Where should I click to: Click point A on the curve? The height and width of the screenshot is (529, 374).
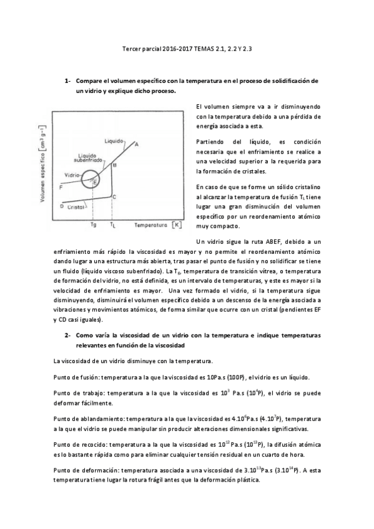click(x=137, y=144)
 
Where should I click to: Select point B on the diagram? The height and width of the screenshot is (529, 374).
click(x=114, y=165)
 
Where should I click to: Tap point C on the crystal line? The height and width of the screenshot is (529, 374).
click(x=114, y=196)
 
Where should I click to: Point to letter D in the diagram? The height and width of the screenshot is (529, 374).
click(x=61, y=205)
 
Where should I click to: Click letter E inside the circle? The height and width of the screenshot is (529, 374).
click(x=94, y=182)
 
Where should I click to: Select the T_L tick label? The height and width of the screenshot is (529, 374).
click(x=112, y=223)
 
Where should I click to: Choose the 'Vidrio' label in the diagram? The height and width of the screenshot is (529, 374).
click(x=71, y=175)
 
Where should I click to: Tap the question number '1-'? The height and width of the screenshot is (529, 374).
click(x=69, y=81)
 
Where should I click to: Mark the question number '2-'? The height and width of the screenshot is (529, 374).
click(x=69, y=335)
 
